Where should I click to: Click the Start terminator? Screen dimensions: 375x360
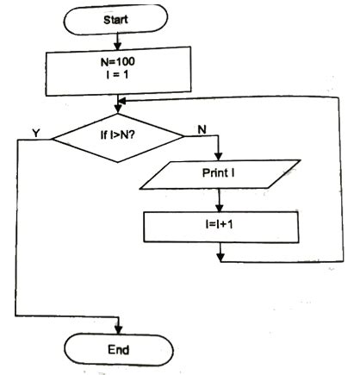tap(118, 18)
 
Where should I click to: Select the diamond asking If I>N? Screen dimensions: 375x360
tap(118, 135)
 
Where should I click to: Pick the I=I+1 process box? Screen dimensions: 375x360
tap(220, 227)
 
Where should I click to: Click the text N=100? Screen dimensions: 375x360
tap(118, 64)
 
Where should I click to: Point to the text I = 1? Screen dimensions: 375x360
tap(118, 78)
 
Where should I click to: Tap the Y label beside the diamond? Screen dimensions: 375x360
tap(35, 134)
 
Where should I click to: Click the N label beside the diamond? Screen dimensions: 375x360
tap(201, 129)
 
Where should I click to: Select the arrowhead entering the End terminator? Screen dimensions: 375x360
tap(118, 328)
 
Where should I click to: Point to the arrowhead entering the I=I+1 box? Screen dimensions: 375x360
tap(220, 207)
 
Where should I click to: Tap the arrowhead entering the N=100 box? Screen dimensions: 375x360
tap(118, 45)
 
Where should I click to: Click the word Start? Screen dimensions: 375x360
tap(118, 18)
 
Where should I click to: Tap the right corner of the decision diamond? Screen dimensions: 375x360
tap(183, 136)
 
